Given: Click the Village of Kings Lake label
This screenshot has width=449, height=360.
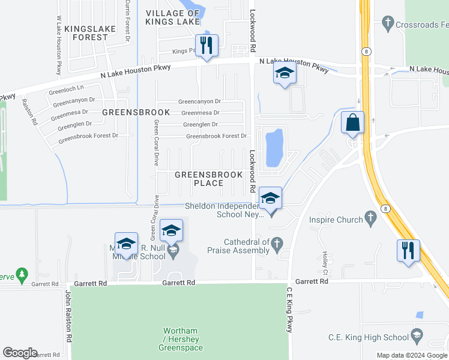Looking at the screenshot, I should (172, 17).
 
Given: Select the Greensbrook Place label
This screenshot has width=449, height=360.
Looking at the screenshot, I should (208, 179).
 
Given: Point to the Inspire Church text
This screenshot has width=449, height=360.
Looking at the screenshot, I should (336, 220).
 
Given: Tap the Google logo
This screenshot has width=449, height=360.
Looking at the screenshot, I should (20, 353).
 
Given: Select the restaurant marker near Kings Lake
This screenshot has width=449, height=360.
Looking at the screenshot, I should (206, 46).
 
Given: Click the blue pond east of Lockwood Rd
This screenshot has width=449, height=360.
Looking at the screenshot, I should (274, 147).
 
